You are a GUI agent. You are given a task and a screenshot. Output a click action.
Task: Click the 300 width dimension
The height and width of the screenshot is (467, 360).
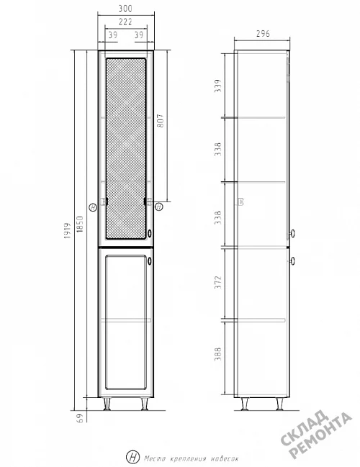coord(125,9)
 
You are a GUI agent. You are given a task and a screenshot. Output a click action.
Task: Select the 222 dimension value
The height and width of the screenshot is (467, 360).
coord(125,22)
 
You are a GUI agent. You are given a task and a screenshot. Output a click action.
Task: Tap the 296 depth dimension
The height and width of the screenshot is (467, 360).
coord(263,34)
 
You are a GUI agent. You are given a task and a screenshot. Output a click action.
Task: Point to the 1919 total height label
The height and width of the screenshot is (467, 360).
coord(68,230)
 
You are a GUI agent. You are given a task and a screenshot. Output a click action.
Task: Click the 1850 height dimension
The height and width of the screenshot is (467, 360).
coord(80,225)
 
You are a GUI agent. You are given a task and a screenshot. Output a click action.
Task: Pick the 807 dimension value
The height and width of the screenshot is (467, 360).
coord(160,121)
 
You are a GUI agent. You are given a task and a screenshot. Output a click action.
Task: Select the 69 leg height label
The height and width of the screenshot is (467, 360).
coord(80,418)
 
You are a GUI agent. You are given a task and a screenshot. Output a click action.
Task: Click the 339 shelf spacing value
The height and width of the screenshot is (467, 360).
coord(218,86)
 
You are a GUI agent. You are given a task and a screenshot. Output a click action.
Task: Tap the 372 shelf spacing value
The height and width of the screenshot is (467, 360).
coord(218,282)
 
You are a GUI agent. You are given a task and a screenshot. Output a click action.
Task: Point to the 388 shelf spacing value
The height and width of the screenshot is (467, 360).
coord(218,354)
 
